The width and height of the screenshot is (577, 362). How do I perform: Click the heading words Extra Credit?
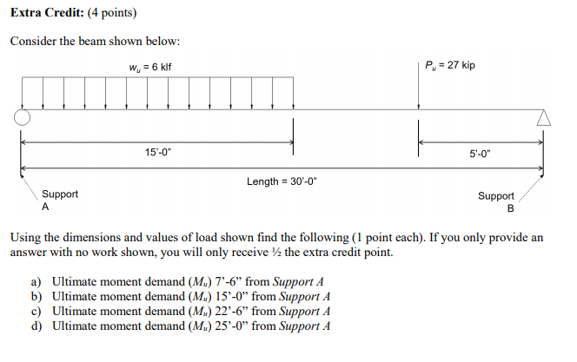point(44,14)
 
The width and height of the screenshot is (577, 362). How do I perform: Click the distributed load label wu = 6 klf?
point(155,67)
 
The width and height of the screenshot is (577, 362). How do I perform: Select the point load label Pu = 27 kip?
point(449,66)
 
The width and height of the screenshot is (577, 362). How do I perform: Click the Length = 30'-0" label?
point(281,181)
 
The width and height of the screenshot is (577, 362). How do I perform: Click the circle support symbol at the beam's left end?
point(23,117)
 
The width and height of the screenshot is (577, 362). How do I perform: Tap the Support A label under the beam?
point(60,201)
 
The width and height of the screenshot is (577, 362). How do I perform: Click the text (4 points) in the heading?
point(109,14)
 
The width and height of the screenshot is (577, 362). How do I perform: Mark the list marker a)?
point(36,282)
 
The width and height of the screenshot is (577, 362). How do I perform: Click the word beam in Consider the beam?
point(97,42)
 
